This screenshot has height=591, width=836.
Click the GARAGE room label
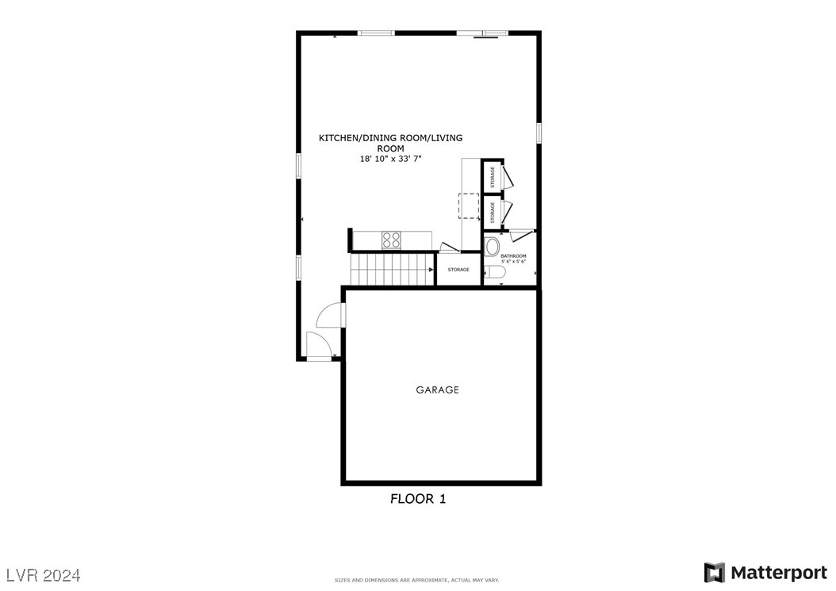pyautogui.click(x=437, y=390)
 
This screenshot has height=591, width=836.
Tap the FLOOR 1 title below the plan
pyautogui.click(x=417, y=499)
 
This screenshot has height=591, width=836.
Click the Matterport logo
pyautogui.click(x=765, y=573)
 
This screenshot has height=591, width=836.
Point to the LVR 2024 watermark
pyautogui.click(x=44, y=574)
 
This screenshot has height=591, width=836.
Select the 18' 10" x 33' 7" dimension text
pyautogui.click(x=390, y=159)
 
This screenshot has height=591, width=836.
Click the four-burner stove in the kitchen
pyautogui.click(x=391, y=240)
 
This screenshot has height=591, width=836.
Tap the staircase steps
pyautogui.click(x=393, y=269)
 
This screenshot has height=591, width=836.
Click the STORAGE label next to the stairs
pyautogui.click(x=458, y=270)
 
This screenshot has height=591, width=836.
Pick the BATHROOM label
pyautogui.click(x=514, y=255)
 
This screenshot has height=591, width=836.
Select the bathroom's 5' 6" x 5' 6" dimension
pyautogui.click(x=514, y=261)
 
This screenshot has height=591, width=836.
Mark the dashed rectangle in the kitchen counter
pyautogui.click(x=469, y=205)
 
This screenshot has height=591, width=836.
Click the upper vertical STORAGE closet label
pyautogui.click(x=493, y=176)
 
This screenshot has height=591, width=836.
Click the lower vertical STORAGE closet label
pyautogui.click(x=493, y=212)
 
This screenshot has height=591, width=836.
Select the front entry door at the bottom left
pyautogui.click(x=319, y=346)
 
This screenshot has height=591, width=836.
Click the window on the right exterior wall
pyautogui.click(x=539, y=132)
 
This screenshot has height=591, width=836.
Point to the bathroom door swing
pyautogui.click(x=521, y=236)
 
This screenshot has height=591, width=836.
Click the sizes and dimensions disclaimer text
pyautogui.click(x=417, y=580)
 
